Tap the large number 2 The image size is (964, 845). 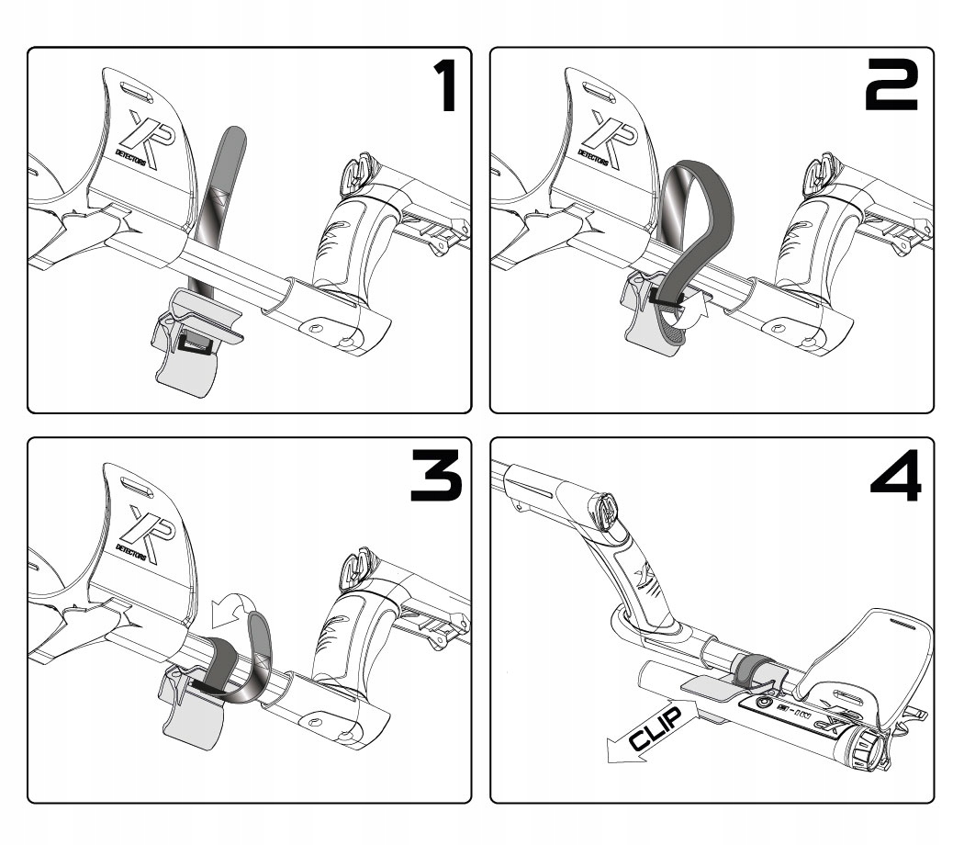[890, 88]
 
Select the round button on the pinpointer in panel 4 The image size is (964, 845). [762, 704]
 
